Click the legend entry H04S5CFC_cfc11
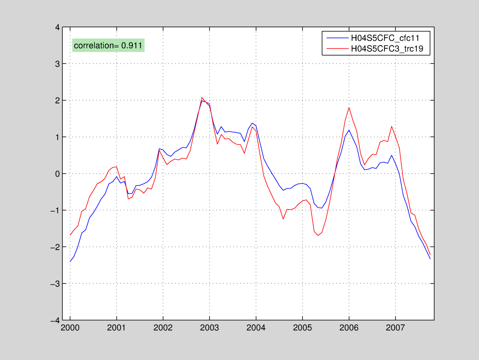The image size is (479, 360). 385,38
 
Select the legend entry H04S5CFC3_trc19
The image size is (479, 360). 387,48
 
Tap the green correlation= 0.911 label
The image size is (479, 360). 108,45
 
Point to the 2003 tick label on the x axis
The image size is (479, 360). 209,328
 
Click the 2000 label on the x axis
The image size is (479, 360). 70,328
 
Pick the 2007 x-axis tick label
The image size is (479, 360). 395,328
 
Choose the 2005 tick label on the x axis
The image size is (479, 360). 302,328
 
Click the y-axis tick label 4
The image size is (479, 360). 57,27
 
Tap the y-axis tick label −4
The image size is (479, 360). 55,320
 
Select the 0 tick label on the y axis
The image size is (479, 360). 57,174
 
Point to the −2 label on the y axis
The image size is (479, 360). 55,247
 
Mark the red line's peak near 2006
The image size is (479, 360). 349,107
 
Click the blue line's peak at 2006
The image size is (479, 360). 349,130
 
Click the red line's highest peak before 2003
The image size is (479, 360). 202,98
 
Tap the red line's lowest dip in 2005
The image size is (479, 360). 318,236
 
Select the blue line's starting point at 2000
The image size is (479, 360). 70,262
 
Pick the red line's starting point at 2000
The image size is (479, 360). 70,235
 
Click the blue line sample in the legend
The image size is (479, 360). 337,38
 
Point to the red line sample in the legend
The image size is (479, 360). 337,48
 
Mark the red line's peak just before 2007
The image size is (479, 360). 391,126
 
